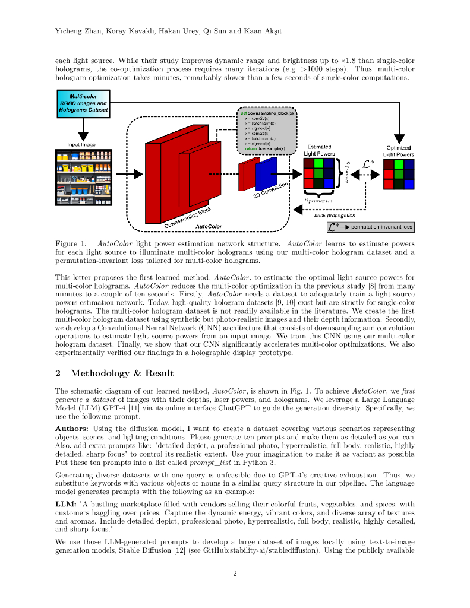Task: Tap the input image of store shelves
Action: [x=83, y=178]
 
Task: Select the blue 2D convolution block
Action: [x=267, y=173]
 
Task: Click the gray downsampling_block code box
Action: [x=266, y=131]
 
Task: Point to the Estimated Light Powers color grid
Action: [x=318, y=173]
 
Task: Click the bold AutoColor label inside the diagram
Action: [x=209, y=226]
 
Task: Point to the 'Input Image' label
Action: [x=81, y=144]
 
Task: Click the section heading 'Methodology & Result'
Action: [x=122, y=373]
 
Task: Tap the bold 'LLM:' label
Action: [x=65, y=504]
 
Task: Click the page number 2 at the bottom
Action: [x=235, y=573]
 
